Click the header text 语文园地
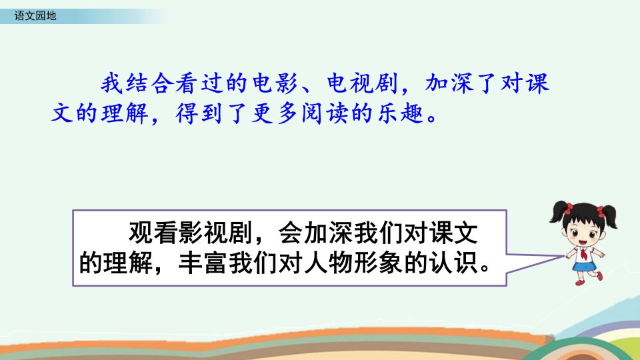[x=35, y=16]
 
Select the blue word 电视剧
[x=363, y=83]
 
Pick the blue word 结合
[x=150, y=83]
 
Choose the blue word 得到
[x=199, y=113]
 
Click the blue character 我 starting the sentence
[x=112, y=83]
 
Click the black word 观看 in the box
[x=153, y=233]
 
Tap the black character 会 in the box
[x=291, y=233]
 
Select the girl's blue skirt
[x=584, y=266]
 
